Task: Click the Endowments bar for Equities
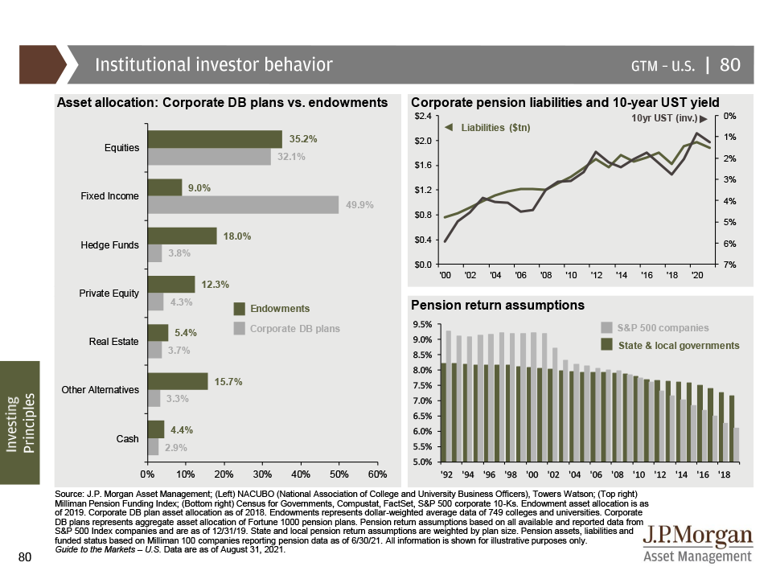[215, 139]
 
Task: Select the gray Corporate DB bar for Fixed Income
[243, 205]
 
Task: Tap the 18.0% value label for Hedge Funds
[236, 236]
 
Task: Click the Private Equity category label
[109, 294]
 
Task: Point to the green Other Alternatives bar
[178, 381]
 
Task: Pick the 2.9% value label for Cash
[176, 448]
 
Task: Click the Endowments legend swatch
[240, 309]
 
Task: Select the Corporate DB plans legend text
[295, 328]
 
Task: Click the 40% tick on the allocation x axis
[300, 474]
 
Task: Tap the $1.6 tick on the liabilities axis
[423, 165]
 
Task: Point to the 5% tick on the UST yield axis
[729, 222]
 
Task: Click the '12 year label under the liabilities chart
[596, 275]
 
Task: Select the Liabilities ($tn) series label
[495, 128]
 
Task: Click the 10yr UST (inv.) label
[665, 118]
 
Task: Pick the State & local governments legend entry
[671, 345]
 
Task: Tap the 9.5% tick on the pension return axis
[422, 324]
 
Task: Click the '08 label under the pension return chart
[617, 474]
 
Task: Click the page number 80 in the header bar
[729, 64]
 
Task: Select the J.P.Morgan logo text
[698, 536]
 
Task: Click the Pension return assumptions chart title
[498, 306]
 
